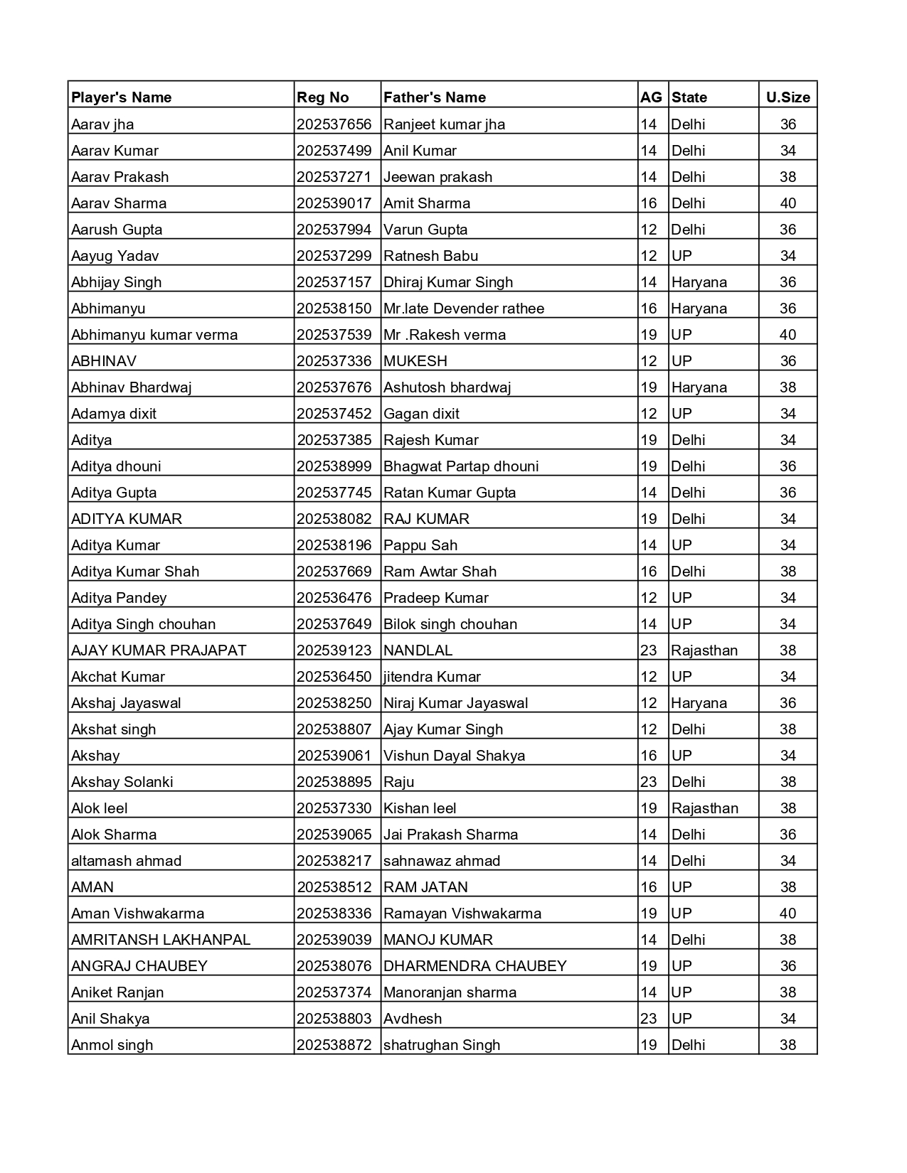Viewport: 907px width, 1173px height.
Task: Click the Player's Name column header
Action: click(x=121, y=97)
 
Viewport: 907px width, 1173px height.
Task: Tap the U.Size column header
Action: click(x=787, y=97)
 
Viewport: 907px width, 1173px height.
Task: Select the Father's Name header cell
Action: click(x=435, y=97)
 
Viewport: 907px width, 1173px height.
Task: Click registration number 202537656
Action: click(x=334, y=124)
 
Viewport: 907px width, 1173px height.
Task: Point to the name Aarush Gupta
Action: click(x=117, y=230)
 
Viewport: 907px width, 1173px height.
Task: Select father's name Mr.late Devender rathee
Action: click(x=464, y=309)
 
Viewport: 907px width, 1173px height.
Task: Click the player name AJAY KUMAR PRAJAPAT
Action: click(x=159, y=650)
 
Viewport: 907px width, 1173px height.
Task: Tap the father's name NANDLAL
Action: click(x=418, y=650)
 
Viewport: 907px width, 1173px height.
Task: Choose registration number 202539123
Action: click(x=334, y=650)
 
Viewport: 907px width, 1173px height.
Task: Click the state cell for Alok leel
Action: click(x=704, y=808)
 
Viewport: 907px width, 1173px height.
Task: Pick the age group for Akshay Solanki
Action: click(x=649, y=782)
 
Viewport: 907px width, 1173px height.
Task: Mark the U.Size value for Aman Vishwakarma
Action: click(x=787, y=914)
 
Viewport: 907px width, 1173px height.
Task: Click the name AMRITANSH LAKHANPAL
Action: click(x=161, y=940)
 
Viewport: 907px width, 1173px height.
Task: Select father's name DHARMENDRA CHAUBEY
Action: click(x=475, y=966)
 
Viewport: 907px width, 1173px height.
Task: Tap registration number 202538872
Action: click(x=334, y=1045)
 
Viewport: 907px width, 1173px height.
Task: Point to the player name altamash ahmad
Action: click(x=126, y=861)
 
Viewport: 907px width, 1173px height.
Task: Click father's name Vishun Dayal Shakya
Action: click(x=454, y=756)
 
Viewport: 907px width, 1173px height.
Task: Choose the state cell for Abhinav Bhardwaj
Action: click(x=699, y=387)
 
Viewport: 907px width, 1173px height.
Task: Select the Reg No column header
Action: click(x=323, y=97)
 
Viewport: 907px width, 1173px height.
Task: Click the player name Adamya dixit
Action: click(x=114, y=414)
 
